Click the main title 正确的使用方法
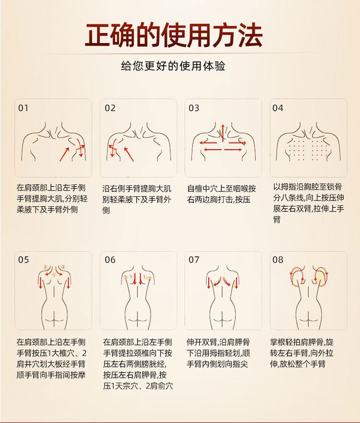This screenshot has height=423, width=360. coord(174,35)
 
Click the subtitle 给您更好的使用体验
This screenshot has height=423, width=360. coord(173,66)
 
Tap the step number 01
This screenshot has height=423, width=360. coord(23,108)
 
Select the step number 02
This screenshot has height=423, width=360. coord(110,108)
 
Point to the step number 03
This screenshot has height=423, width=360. coord(194,108)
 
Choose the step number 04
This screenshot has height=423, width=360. coord(277,108)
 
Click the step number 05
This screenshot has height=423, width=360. coord(24,260)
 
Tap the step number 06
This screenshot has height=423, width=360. coord(110,260)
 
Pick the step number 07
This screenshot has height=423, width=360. coord(194,260)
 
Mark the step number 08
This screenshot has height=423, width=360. coord(277,260)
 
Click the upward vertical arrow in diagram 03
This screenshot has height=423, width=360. coord(223,132)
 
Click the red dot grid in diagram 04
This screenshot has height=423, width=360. coord(308,148)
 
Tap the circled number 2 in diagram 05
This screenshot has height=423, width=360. coord(46,267)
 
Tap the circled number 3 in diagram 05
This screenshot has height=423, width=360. coord(63,267)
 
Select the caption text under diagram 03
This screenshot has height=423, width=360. coord(221,194)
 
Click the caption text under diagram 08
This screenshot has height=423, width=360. coord(302,353)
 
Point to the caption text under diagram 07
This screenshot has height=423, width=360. coord(218,353)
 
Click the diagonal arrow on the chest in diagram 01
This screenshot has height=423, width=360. coord(64,154)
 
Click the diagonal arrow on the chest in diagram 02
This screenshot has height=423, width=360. coord(129,154)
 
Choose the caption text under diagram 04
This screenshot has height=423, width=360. coord(309,203)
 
